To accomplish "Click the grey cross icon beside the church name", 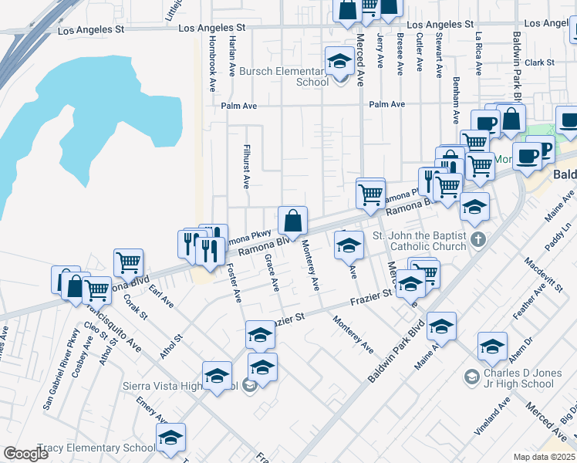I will [477, 239].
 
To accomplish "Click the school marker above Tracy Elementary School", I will [170, 438].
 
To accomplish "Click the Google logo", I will [25, 454].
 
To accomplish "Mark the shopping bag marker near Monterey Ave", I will [292, 221].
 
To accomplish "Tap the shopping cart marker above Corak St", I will [128, 262].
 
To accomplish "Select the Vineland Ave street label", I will [492, 417].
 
